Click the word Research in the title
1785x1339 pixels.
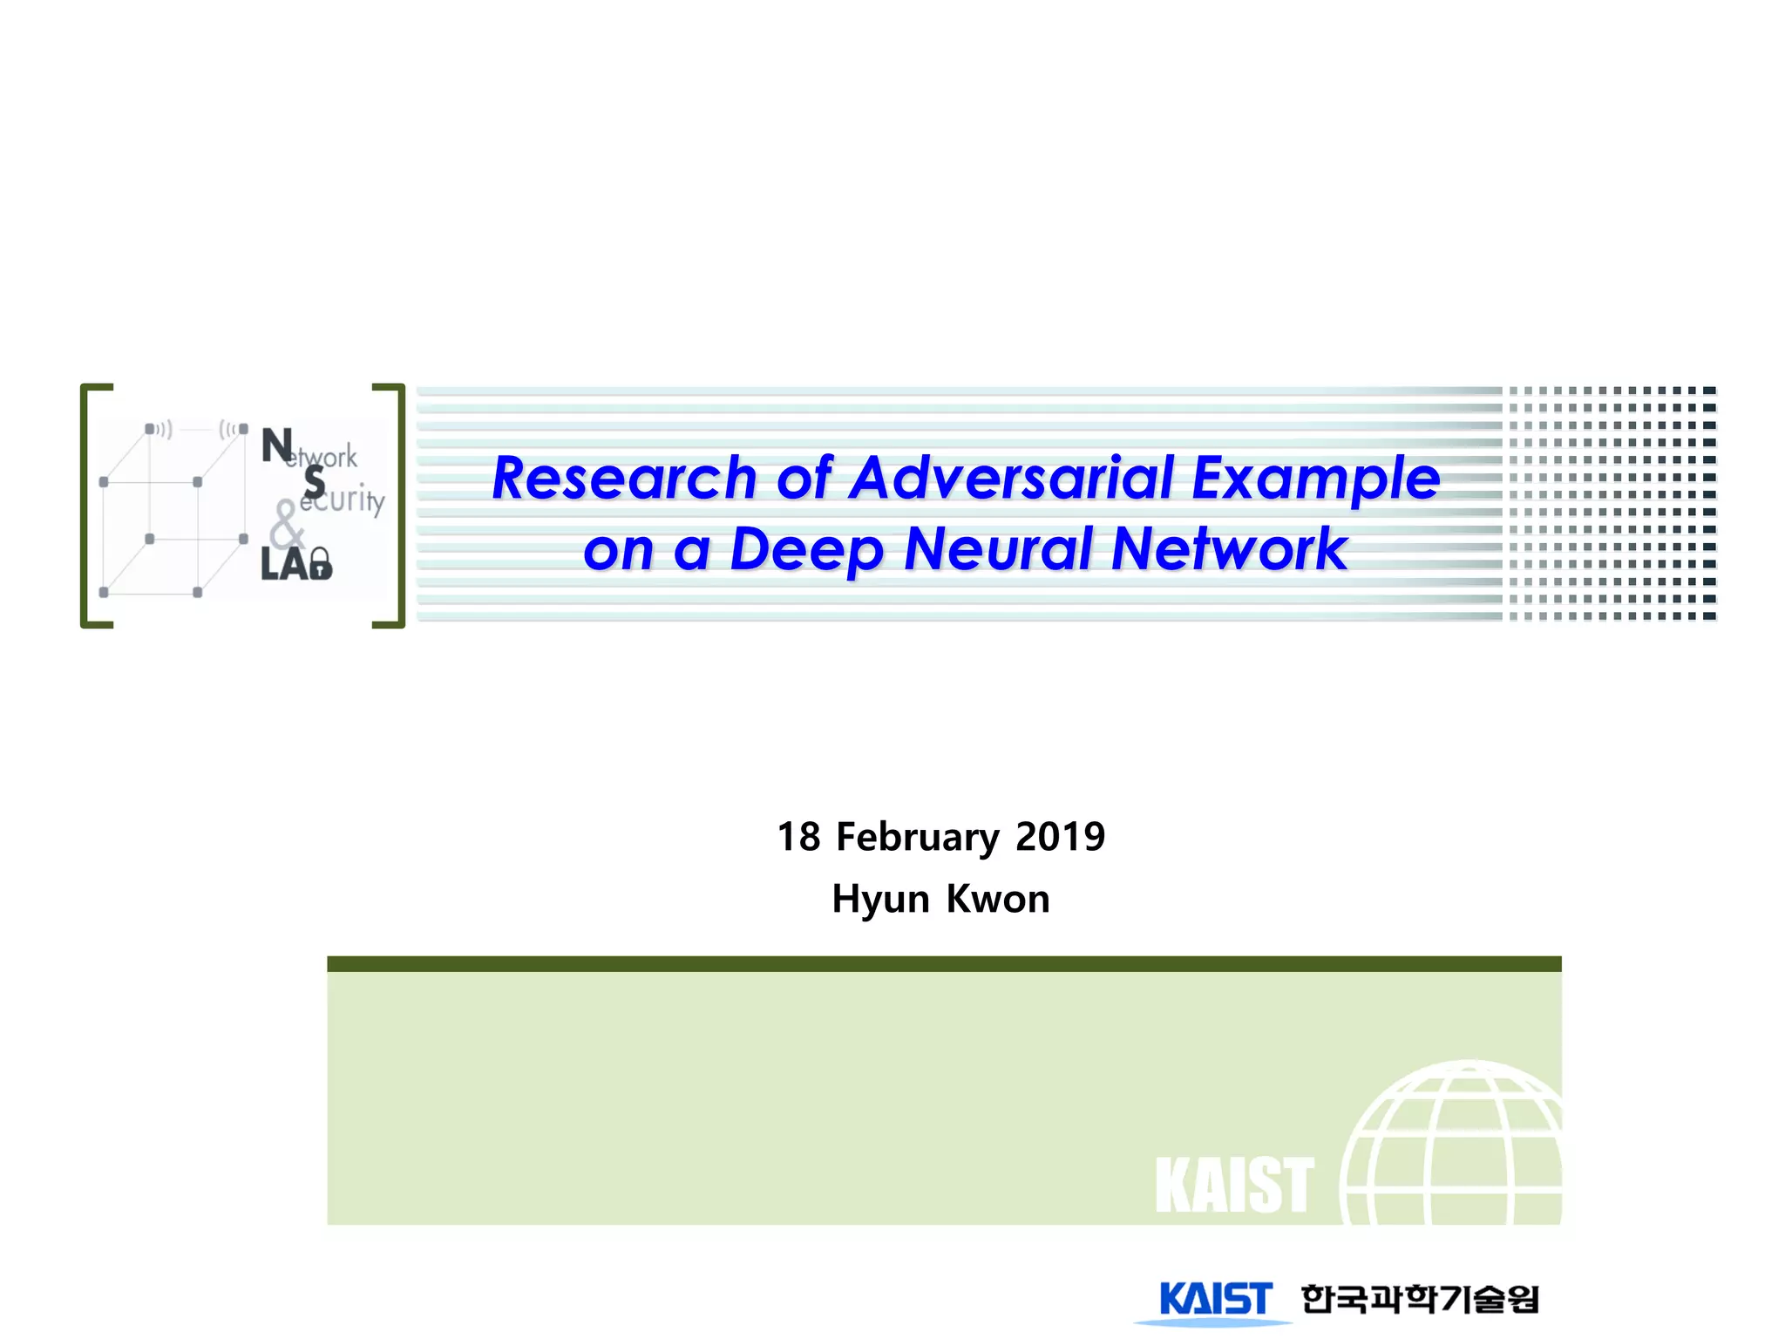[x=624, y=479]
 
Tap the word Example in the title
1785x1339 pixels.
[x=1315, y=479]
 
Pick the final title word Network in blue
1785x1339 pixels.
[x=1230, y=549]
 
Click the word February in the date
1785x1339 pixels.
[x=917, y=837]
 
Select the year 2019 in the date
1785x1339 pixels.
[x=1060, y=837]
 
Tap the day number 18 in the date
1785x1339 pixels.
[x=798, y=837]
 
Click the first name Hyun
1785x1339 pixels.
[x=880, y=899]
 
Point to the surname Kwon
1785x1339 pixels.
[x=998, y=899]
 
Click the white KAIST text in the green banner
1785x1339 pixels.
[x=1234, y=1186]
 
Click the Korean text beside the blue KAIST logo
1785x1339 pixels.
[x=1420, y=1299]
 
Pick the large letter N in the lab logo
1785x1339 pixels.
[x=277, y=445]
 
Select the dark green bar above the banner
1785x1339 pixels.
[x=944, y=963]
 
